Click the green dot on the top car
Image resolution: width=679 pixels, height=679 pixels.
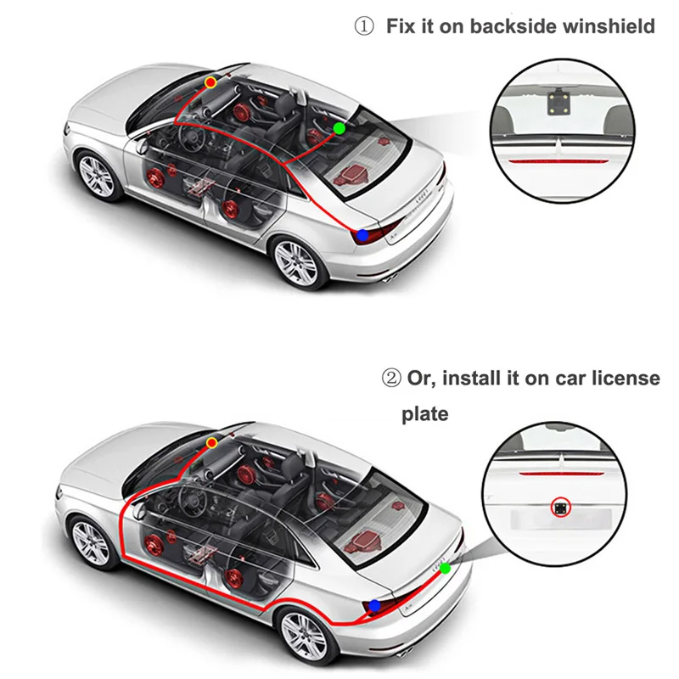pyautogui.click(x=339, y=128)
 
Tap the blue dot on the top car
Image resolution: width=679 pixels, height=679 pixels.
pyautogui.click(x=362, y=233)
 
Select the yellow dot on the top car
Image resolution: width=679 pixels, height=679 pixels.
pyautogui.click(x=210, y=81)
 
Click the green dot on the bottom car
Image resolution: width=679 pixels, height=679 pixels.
pyautogui.click(x=445, y=567)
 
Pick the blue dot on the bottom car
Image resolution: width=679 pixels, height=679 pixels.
pyautogui.click(x=374, y=605)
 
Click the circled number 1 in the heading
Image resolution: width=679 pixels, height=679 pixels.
pyautogui.click(x=363, y=26)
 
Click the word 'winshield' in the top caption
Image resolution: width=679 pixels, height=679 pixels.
pyautogui.click(x=610, y=26)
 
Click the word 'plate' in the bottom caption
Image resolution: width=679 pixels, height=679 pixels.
pyautogui.click(x=425, y=415)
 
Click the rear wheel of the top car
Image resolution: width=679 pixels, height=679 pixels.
pyautogui.click(x=298, y=263)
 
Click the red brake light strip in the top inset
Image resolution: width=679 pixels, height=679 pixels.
pyautogui.click(x=561, y=158)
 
